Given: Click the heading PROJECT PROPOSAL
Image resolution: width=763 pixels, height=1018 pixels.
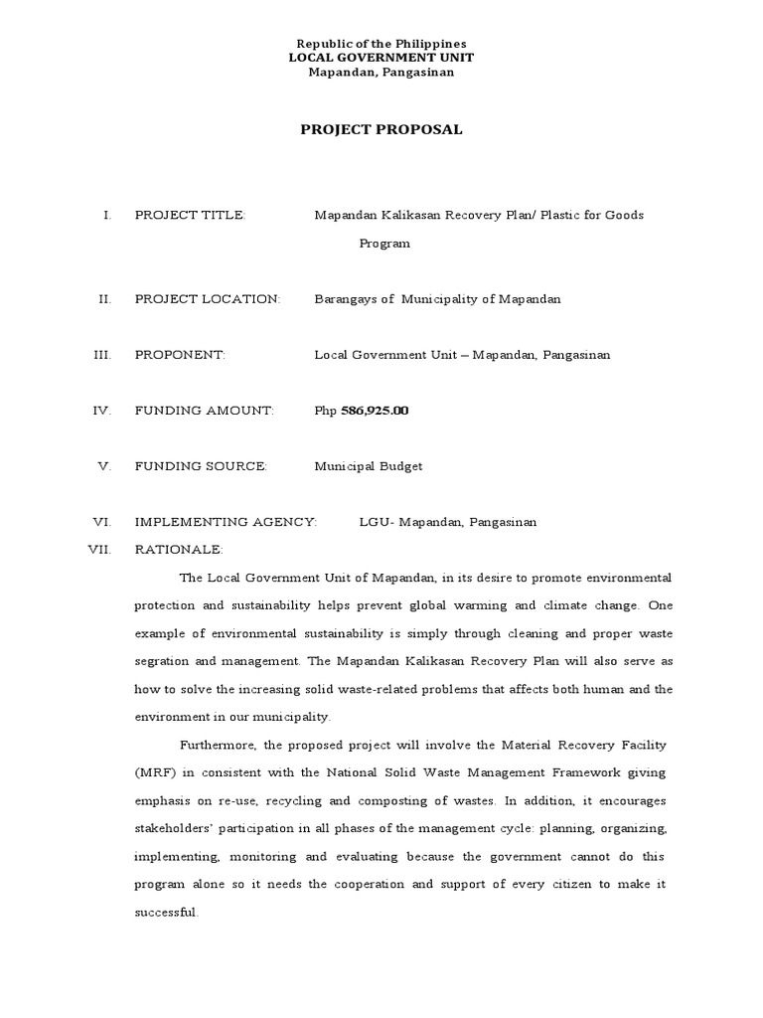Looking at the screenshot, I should point(381,129).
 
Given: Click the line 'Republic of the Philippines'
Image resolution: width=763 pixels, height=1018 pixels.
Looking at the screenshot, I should point(381,44).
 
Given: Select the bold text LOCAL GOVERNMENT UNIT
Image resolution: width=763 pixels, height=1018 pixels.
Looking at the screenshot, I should point(381,58).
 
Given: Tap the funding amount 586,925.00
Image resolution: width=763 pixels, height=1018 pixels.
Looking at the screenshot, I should point(375,411).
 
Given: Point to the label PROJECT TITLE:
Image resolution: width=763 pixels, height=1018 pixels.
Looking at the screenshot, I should point(190,216).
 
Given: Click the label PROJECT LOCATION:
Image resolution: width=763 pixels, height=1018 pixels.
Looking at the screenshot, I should point(208,299).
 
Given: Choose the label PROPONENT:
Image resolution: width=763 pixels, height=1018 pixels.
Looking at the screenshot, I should point(181,355).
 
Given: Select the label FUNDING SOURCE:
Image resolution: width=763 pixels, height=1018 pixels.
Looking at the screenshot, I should point(201,466).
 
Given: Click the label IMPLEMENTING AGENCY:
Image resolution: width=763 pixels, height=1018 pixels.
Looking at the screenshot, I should point(226,522).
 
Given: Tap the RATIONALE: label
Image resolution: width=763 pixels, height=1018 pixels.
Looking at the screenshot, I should point(179,549).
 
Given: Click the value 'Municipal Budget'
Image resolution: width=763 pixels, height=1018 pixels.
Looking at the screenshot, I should point(369,466).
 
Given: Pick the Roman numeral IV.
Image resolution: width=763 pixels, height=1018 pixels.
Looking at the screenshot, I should point(102,411).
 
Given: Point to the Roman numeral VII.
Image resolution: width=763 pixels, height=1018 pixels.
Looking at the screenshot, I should point(100,549).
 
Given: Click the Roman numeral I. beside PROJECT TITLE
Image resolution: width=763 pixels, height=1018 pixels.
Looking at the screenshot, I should point(106,216).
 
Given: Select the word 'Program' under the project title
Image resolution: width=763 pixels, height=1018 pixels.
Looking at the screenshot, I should point(384,244).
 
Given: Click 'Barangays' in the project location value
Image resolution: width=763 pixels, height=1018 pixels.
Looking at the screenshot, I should point(345,299).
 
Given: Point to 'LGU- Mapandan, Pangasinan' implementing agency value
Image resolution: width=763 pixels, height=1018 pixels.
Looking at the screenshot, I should point(447,522).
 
